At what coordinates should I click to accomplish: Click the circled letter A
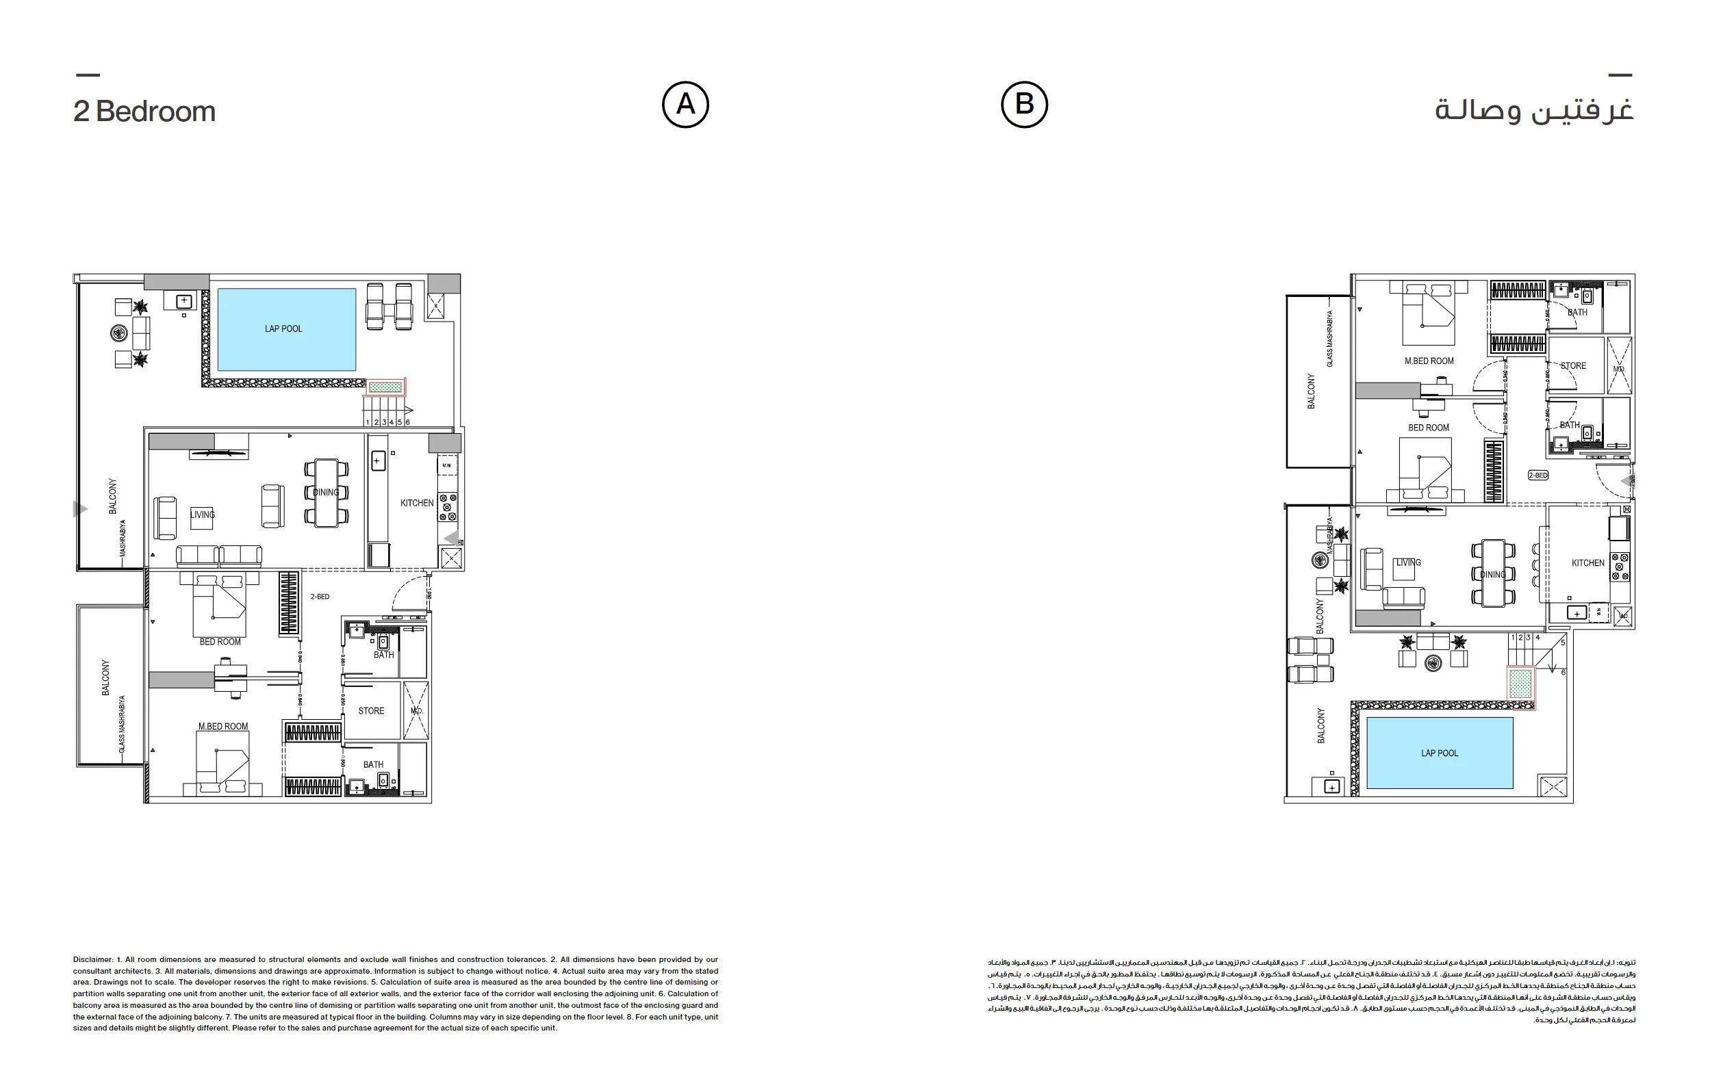tap(685, 105)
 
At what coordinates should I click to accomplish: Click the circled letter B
tap(1024, 105)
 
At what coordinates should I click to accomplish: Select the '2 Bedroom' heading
tap(144, 112)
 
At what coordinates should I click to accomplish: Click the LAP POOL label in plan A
tap(283, 328)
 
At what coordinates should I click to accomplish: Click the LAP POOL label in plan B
tap(1440, 753)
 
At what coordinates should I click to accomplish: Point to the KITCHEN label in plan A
tap(417, 503)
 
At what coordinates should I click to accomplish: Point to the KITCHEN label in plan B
tap(1588, 563)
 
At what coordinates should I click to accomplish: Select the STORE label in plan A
tap(371, 711)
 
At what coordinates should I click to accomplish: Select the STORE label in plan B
tap(1573, 365)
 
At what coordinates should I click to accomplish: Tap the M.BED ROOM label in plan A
tap(223, 726)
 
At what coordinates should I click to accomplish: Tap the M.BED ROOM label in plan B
tap(1429, 361)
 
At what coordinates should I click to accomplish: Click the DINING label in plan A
tap(326, 492)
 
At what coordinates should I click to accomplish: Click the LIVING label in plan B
tap(1408, 562)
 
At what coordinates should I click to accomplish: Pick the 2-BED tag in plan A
tap(320, 597)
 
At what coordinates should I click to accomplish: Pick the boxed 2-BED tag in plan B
tap(1537, 475)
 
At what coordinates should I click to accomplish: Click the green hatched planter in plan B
tap(1520, 684)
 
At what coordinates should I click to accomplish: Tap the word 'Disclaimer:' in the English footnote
tap(93, 959)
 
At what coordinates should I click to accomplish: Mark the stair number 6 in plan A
tap(407, 421)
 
